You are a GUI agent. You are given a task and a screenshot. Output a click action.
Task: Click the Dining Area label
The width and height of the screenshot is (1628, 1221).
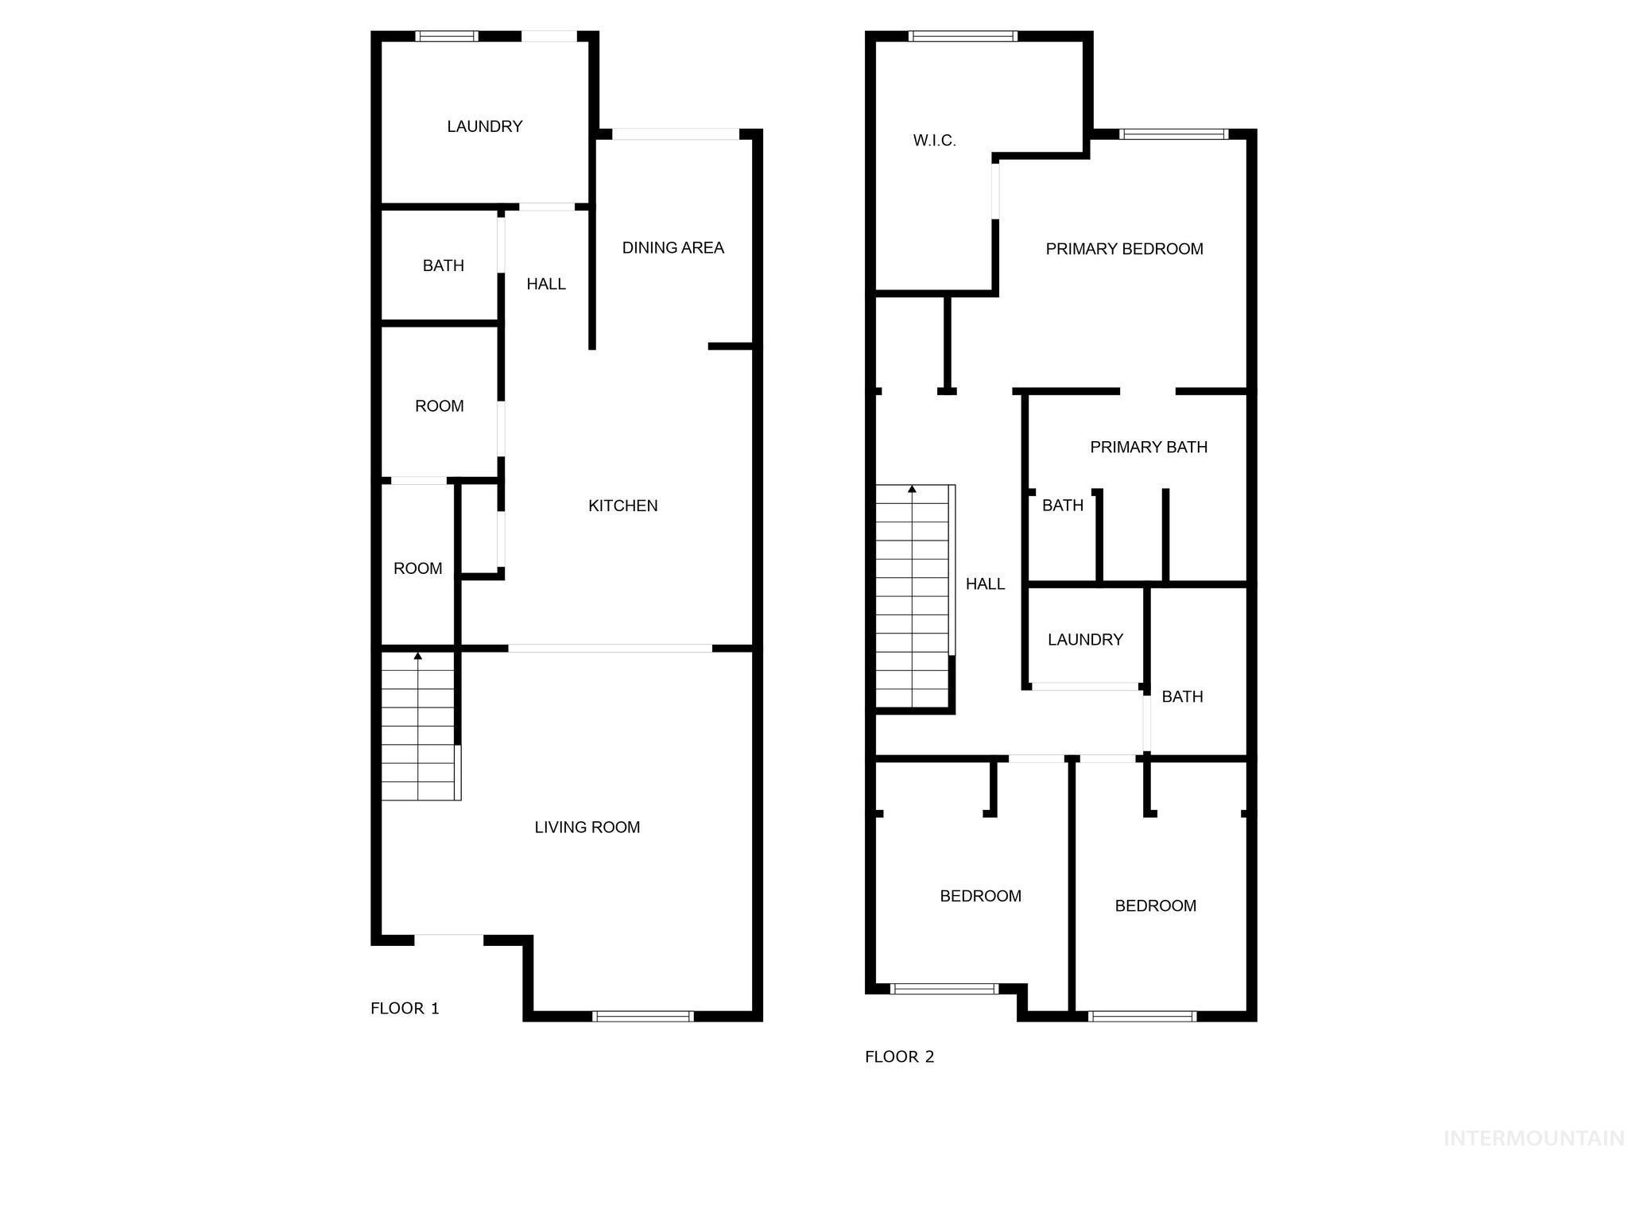673,248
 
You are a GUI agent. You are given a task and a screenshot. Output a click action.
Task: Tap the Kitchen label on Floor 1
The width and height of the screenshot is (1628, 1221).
623,506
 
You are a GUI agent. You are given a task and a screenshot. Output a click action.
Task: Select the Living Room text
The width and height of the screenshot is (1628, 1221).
587,828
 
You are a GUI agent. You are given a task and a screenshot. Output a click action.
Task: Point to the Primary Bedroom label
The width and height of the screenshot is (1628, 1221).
1124,249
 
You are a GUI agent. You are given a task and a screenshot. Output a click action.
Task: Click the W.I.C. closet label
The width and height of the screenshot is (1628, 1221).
935,141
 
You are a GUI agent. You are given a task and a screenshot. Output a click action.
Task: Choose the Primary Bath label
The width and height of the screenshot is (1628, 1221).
1149,448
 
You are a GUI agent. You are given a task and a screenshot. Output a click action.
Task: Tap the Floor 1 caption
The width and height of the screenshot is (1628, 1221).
405,1009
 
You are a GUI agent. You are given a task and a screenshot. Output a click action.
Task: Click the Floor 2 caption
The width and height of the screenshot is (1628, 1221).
900,1057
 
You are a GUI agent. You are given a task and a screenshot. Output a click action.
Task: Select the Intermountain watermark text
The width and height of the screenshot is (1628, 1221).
1533,1139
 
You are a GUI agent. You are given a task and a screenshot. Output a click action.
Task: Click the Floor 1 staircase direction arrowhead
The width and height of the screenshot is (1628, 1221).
418,656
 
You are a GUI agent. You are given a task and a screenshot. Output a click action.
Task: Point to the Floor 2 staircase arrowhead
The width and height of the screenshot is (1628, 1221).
912,489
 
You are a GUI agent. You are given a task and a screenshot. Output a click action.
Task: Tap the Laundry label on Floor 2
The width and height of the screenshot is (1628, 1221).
1085,640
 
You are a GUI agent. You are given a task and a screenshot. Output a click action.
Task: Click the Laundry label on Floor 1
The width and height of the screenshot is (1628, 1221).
485,126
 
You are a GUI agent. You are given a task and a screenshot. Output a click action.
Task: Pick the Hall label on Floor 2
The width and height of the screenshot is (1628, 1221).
986,584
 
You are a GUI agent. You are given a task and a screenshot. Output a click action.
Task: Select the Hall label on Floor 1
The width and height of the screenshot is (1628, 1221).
546,285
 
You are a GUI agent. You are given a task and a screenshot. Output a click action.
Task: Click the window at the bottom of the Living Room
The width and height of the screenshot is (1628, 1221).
643,1016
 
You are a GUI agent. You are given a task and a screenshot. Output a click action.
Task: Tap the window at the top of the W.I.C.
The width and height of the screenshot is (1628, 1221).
963,36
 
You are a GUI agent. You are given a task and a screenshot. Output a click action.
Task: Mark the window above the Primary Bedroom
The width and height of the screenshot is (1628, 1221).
1174,134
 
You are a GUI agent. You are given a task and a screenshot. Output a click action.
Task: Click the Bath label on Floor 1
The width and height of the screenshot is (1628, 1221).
444,266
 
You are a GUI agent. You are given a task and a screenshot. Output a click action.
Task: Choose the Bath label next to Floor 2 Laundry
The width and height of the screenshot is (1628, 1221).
1182,697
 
